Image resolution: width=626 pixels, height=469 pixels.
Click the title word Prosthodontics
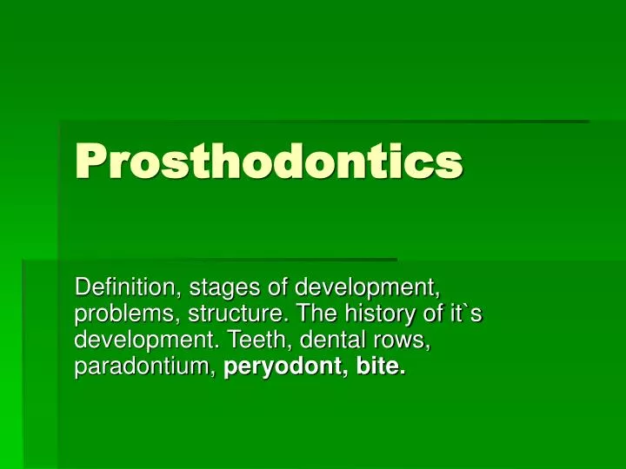pos(269,162)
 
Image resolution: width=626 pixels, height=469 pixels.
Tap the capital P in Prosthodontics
pos(90,162)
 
